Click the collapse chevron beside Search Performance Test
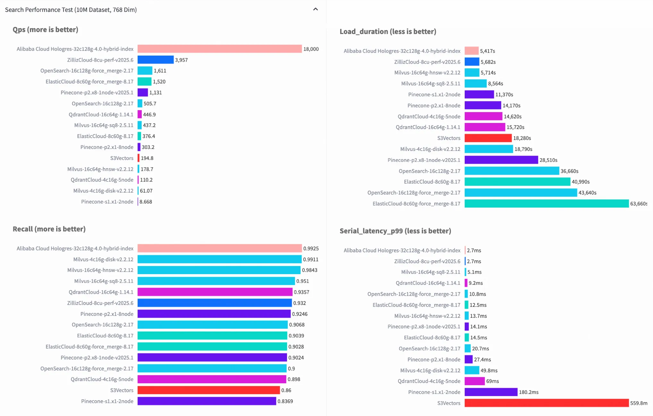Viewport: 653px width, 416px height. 316,9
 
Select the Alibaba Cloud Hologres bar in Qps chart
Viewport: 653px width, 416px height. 219,49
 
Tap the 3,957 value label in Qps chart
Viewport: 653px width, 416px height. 182,60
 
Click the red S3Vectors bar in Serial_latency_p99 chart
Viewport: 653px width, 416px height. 546,403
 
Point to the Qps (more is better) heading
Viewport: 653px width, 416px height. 46,30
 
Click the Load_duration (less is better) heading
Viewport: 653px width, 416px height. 388,31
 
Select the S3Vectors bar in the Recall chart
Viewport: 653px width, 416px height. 208,390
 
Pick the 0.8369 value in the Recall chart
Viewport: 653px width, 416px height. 285,401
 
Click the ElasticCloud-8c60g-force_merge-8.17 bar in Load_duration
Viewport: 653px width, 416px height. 546,204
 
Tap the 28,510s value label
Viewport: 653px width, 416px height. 548,160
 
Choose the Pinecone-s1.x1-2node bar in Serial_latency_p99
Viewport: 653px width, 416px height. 491,392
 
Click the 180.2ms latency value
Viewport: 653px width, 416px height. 529,392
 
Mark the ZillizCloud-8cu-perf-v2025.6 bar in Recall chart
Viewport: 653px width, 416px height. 215,303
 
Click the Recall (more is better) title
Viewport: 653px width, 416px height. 49,229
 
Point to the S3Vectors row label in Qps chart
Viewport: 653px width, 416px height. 122,158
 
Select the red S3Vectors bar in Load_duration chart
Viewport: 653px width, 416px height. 488,138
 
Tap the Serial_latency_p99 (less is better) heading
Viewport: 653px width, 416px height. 395,231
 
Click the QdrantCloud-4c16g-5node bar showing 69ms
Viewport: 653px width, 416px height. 474,381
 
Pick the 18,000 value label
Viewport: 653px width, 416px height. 311,49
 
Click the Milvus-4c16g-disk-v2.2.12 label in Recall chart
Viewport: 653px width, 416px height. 103,259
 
